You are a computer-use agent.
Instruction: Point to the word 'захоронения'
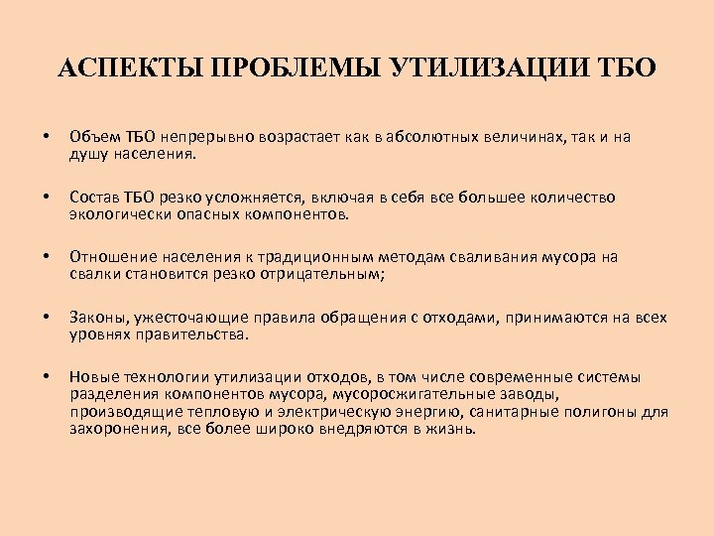tap(117, 429)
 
